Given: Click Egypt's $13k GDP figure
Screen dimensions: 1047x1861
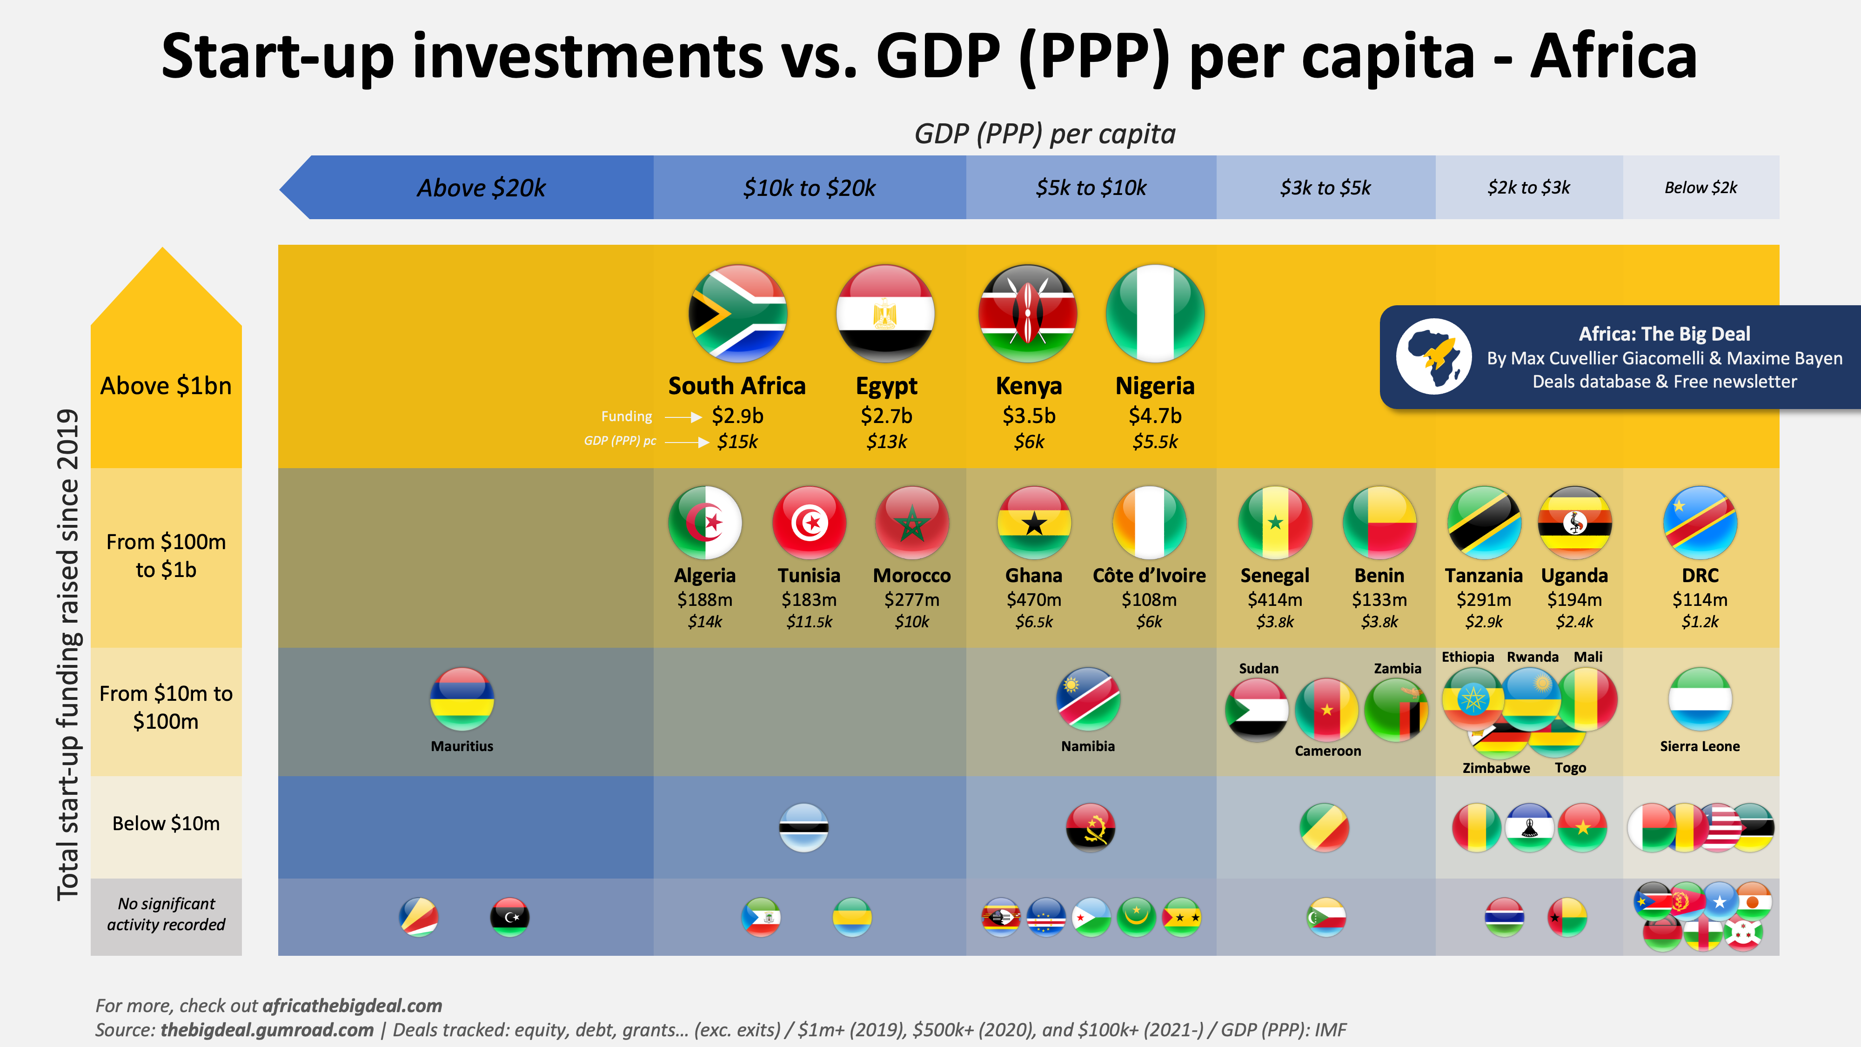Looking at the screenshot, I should (x=886, y=442).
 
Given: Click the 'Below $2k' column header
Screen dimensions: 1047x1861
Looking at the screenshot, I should (x=1700, y=188).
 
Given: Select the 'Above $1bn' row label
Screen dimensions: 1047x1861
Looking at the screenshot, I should (x=166, y=386).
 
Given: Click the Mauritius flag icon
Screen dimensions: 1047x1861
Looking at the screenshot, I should (x=462, y=699).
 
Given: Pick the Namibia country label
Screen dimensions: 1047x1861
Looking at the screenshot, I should (x=1087, y=745).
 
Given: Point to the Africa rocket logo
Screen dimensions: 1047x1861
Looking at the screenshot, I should (x=1433, y=356).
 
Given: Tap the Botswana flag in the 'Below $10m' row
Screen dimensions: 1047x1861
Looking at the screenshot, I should (x=803, y=827).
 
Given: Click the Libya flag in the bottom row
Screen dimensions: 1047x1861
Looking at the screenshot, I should (x=509, y=917).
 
